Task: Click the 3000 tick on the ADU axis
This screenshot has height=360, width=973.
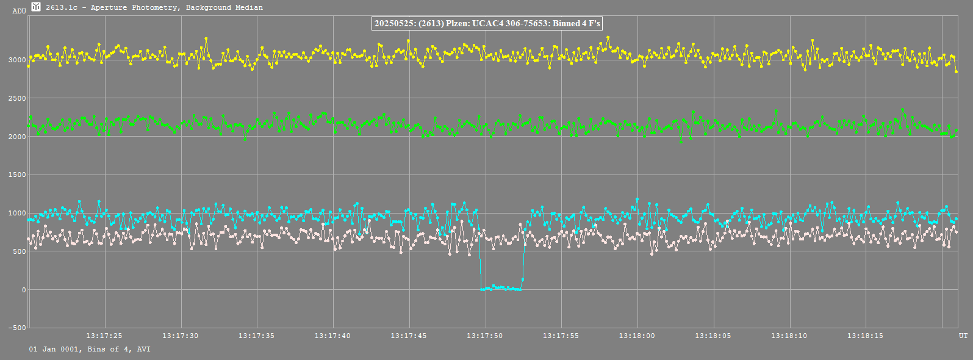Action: click(17, 60)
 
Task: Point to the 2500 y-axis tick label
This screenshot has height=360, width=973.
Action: click(17, 98)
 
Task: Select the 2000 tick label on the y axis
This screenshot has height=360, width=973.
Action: click(17, 137)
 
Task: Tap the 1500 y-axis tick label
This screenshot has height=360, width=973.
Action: click(17, 175)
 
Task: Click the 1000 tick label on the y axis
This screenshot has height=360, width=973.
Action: click(17, 213)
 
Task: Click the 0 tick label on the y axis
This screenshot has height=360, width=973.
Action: click(24, 290)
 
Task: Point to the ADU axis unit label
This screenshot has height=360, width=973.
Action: click(19, 11)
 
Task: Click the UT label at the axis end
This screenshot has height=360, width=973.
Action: click(963, 336)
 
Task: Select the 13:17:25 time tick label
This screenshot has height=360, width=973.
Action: click(104, 336)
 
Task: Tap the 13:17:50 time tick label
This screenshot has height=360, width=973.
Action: click(485, 336)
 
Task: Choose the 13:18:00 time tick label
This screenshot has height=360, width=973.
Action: click(637, 336)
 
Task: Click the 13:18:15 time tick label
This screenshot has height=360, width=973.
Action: click(866, 336)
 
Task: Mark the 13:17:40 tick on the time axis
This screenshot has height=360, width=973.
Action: click(333, 336)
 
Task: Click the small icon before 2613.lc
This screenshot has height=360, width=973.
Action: click(36, 7)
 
